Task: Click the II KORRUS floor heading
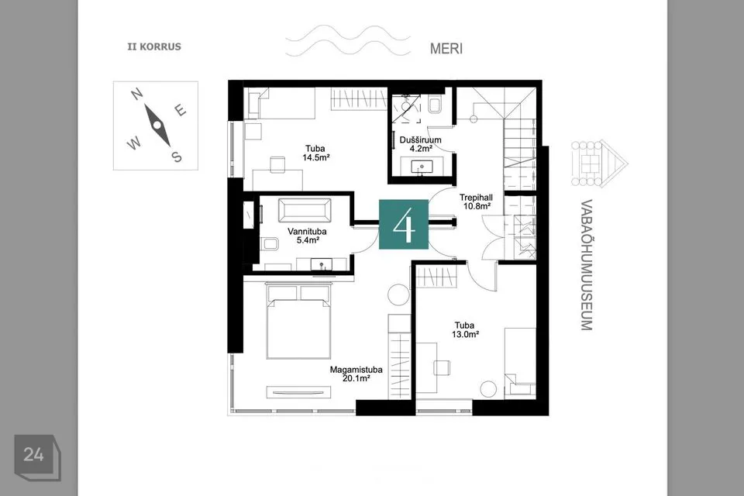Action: [154, 46]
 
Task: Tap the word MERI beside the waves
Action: [446, 48]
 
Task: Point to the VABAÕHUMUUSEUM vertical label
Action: [587, 265]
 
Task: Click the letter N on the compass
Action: [138, 94]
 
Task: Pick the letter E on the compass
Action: [181, 110]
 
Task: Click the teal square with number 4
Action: [404, 225]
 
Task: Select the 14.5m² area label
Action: [316, 157]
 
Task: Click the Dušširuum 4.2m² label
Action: [420, 144]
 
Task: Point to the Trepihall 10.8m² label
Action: [476, 201]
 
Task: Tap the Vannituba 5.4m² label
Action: [307, 236]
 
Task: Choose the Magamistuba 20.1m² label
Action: [356, 374]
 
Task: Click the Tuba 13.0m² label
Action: [464, 329]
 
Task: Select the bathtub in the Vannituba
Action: [304, 210]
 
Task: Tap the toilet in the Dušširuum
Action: [436, 105]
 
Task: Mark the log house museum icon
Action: [600, 163]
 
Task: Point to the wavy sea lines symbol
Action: [348, 41]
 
